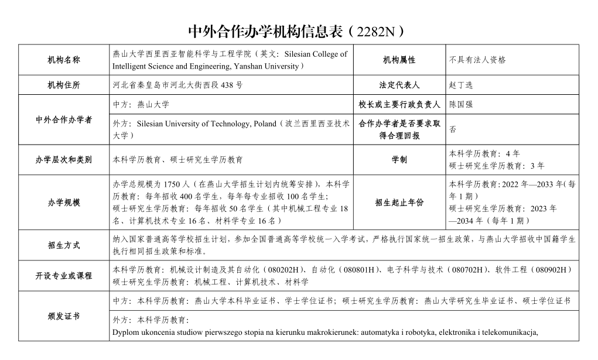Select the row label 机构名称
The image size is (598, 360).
click(x=64, y=60)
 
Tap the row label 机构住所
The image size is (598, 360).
click(x=64, y=85)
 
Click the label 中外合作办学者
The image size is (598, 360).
click(x=64, y=120)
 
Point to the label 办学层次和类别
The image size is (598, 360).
click(x=64, y=159)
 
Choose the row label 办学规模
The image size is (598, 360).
click(x=64, y=203)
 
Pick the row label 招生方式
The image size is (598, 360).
click(x=64, y=246)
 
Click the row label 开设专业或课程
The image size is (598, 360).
click(x=64, y=275)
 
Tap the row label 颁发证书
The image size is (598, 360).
click(x=64, y=316)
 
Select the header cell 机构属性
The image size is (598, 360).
click(x=399, y=60)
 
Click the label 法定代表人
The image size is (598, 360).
click(x=399, y=85)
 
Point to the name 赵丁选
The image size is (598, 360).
click(x=461, y=85)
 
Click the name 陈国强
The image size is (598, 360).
click(x=461, y=105)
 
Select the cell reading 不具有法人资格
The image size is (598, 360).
click(x=477, y=60)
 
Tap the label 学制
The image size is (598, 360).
click(x=399, y=159)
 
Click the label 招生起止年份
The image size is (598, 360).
click(x=399, y=203)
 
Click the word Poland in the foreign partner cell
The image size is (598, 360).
click(x=265, y=124)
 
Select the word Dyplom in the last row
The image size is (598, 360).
click(x=125, y=333)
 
